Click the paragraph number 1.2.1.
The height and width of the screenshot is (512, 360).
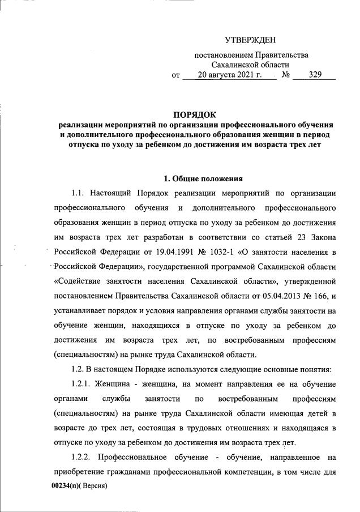pos(84,385)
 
